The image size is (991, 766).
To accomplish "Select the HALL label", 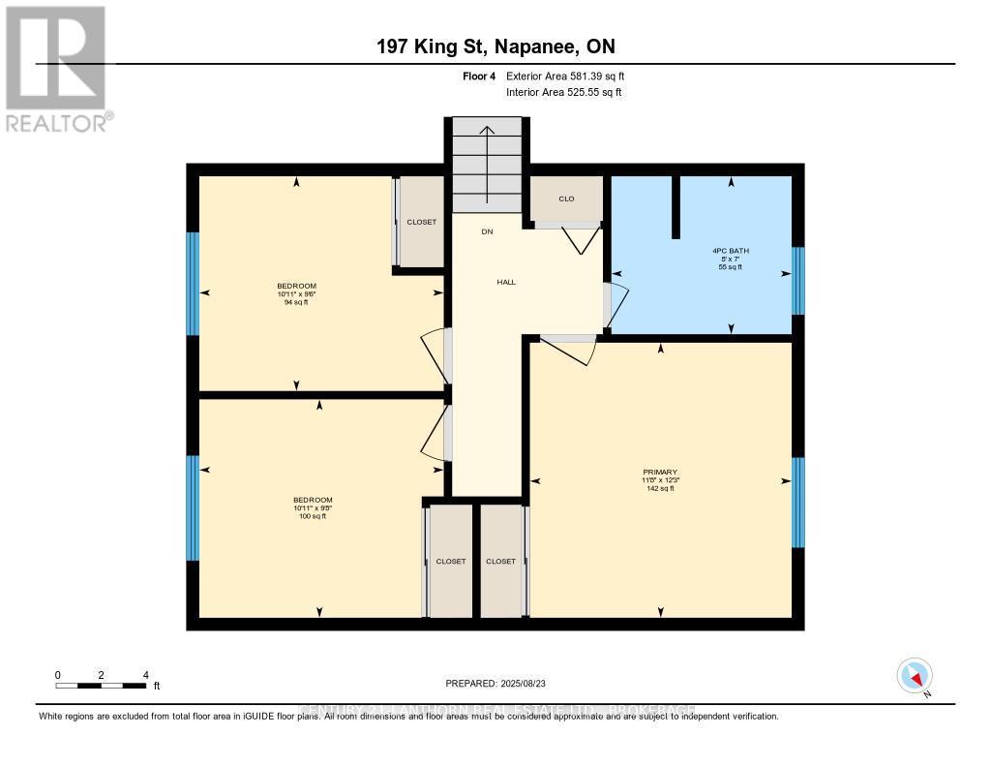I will (x=506, y=282).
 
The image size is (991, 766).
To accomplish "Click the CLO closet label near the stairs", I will (x=566, y=199).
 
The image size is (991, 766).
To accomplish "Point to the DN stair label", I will (x=487, y=231).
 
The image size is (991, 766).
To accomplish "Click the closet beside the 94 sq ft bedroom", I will (x=421, y=222).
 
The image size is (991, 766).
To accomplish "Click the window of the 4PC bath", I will (x=797, y=281).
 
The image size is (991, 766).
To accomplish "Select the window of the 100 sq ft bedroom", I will (x=193, y=507).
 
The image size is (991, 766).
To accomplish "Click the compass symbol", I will (x=914, y=675).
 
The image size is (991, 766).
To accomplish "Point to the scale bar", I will (x=101, y=686).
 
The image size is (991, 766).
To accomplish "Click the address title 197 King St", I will (x=495, y=46).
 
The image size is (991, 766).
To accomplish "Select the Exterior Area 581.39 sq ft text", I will (x=571, y=76).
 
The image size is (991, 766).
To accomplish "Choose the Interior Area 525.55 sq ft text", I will (x=563, y=93).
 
